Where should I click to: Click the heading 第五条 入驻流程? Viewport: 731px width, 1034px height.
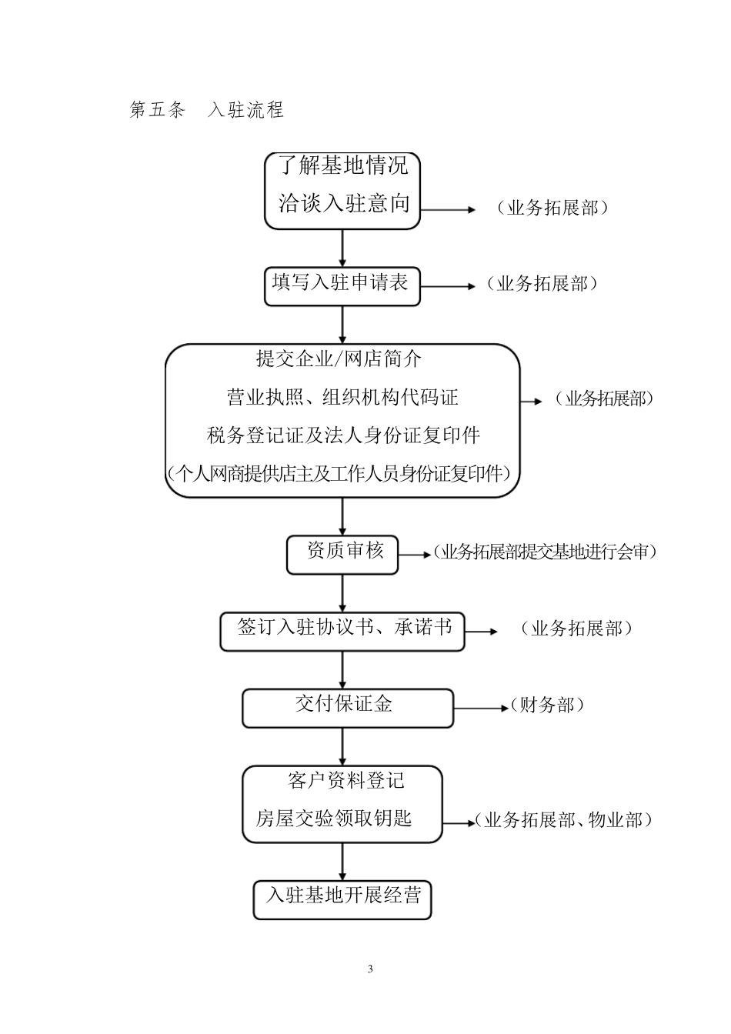tap(207, 110)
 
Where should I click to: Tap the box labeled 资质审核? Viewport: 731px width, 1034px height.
tap(342, 554)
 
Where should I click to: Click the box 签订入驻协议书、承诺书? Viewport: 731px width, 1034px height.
tap(342, 631)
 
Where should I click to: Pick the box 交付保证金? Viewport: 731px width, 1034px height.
tap(347, 707)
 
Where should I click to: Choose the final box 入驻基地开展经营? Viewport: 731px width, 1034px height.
tap(342, 899)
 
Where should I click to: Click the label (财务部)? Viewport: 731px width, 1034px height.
tap(546, 705)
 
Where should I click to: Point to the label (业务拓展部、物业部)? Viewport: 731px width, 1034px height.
tap(563, 820)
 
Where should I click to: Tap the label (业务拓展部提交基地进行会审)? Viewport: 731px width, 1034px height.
tap(544, 552)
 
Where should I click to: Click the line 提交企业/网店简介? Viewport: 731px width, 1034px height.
tap(339, 359)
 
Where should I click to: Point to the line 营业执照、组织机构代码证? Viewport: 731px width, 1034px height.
tap(342, 398)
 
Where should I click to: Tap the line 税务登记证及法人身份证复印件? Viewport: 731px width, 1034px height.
tap(343, 435)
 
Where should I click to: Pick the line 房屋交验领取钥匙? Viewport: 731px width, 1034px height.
tap(334, 819)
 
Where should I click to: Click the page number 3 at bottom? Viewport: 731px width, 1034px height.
tap(370, 969)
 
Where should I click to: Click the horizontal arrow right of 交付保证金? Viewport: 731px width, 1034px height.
tap(480, 708)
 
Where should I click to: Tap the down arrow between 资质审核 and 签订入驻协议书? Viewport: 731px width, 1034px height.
tap(342, 593)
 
